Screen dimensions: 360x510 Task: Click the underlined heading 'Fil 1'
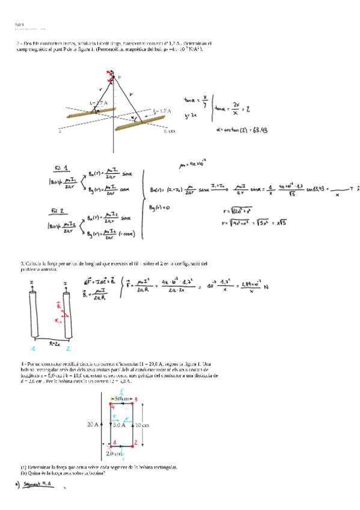(x=61, y=168)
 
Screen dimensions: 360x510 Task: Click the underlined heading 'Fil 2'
(x=61, y=211)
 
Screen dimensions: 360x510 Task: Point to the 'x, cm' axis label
(x=169, y=131)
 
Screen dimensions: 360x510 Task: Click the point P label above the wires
(x=119, y=77)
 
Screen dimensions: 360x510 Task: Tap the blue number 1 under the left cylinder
(x=33, y=348)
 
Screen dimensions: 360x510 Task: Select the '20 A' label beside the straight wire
(x=93, y=424)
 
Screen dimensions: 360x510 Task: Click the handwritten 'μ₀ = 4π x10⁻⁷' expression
(x=193, y=162)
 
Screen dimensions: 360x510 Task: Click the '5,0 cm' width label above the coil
(x=123, y=399)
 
